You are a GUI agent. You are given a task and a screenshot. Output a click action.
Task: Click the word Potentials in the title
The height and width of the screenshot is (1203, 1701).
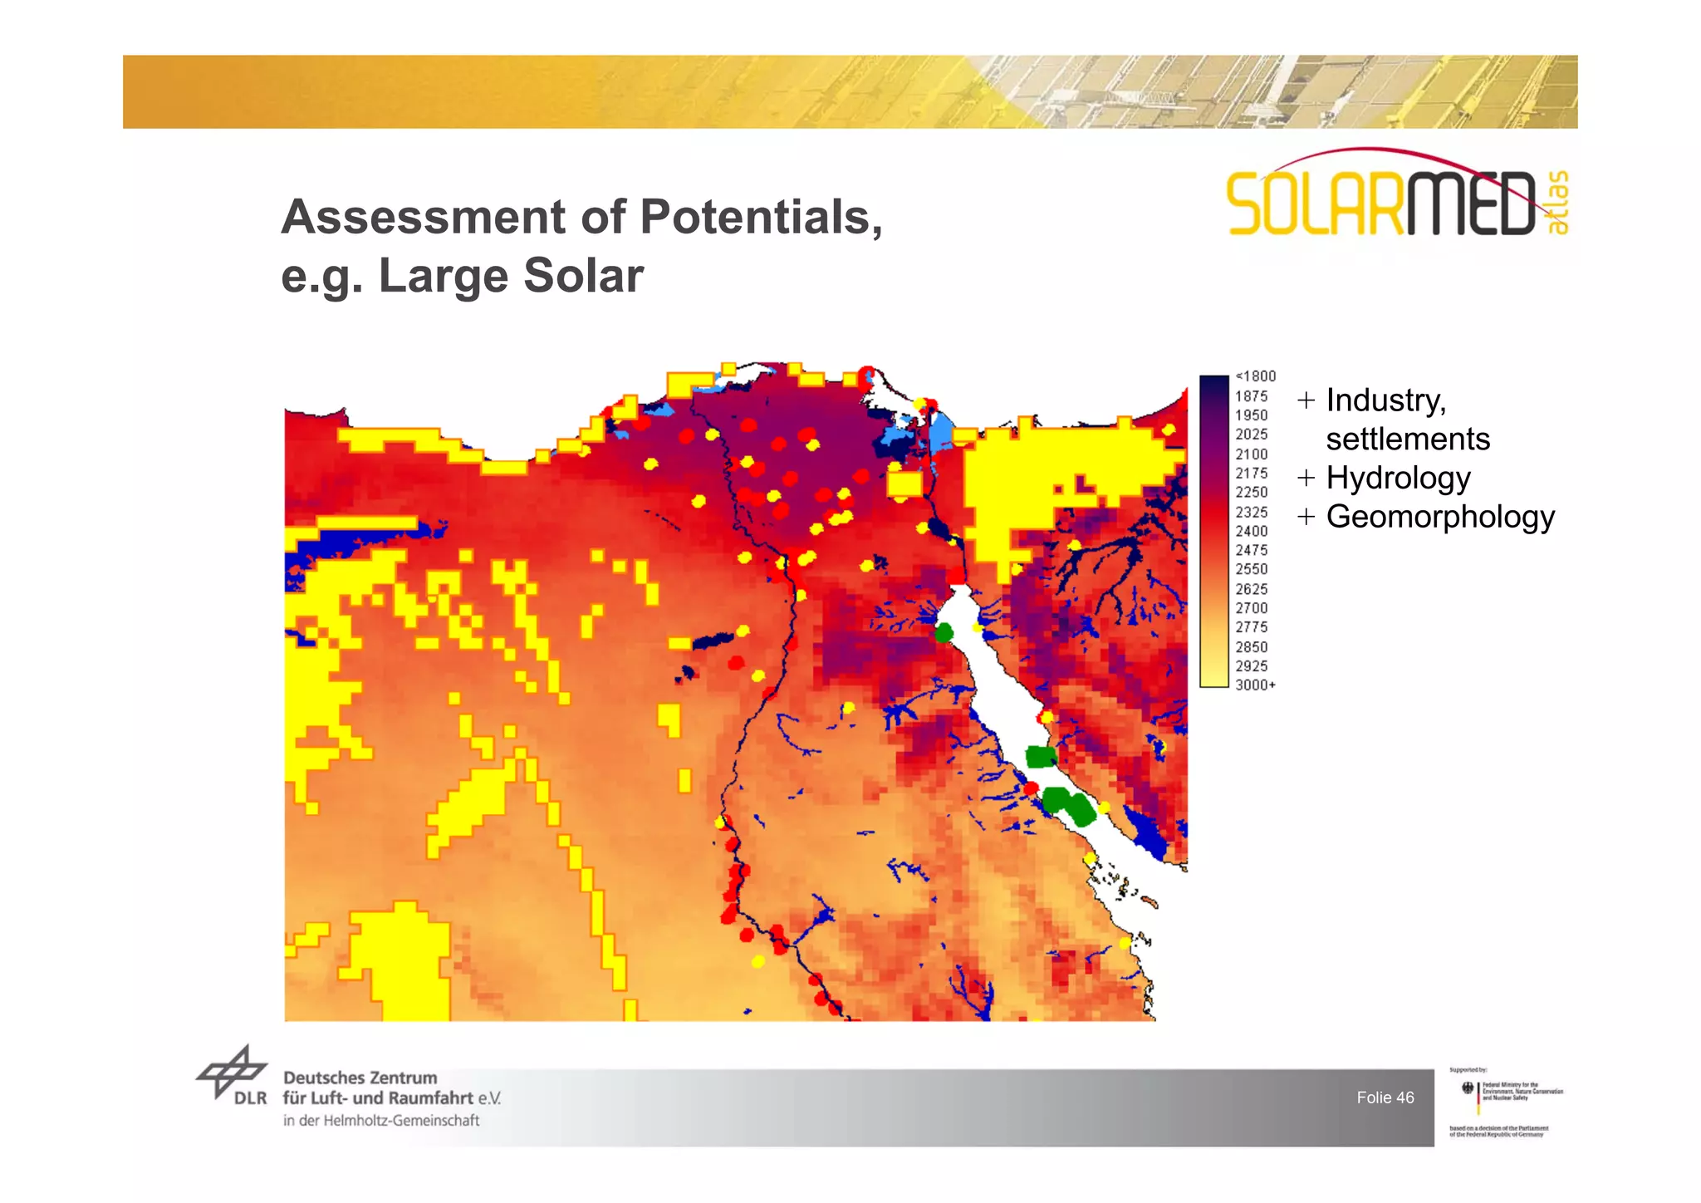pyautogui.click(x=760, y=218)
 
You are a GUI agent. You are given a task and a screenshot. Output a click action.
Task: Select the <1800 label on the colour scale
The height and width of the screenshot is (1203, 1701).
pyautogui.click(x=1255, y=376)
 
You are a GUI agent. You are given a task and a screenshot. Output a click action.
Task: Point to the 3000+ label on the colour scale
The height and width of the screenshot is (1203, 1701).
pyautogui.click(x=1255, y=685)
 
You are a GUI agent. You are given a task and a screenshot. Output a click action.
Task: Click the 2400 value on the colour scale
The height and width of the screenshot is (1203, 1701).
pyautogui.click(x=1251, y=531)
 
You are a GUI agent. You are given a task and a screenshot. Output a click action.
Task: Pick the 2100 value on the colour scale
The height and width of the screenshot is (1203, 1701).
pyautogui.click(x=1251, y=454)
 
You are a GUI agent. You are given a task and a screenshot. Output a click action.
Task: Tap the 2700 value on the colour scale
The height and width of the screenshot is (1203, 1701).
pyautogui.click(x=1251, y=608)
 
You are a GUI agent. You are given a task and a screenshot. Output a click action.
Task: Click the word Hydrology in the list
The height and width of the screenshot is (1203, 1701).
pyautogui.click(x=1398, y=479)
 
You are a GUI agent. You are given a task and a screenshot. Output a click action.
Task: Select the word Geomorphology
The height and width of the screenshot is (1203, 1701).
pyautogui.click(x=1440, y=517)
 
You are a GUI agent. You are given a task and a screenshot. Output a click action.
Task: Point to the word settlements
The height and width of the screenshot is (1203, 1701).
pyautogui.click(x=1408, y=439)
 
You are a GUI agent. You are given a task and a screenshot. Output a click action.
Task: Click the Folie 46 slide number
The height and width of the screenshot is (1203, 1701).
pyautogui.click(x=1385, y=1097)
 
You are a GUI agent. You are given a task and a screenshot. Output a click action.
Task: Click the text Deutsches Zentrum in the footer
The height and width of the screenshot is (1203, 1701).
pyautogui.click(x=360, y=1078)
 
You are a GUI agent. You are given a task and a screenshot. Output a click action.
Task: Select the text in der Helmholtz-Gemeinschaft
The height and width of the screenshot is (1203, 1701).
pyautogui.click(x=381, y=1121)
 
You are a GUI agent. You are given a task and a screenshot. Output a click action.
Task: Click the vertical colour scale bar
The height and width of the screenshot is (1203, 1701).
pyautogui.click(x=1213, y=532)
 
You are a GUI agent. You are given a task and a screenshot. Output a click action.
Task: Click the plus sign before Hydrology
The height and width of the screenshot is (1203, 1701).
pyautogui.click(x=1306, y=478)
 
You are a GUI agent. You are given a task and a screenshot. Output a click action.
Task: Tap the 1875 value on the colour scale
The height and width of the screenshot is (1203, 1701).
pyautogui.click(x=1251, y=396)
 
